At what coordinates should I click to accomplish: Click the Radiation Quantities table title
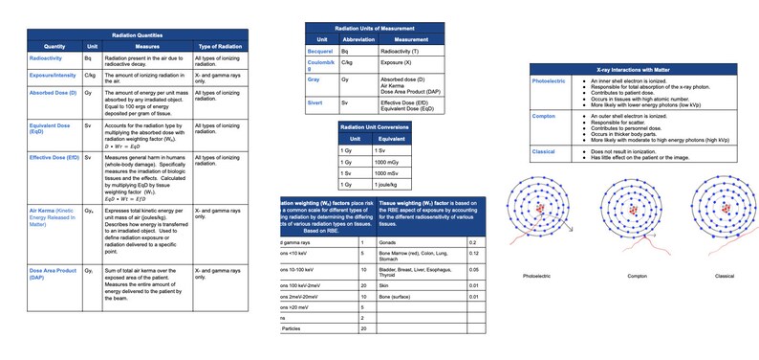pyautogui.click(x=138, y=34)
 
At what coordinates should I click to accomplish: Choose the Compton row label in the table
pyautogui.click(x=546, y=116)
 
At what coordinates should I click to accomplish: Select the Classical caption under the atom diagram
pyautogui.click(x=724, y=276)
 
